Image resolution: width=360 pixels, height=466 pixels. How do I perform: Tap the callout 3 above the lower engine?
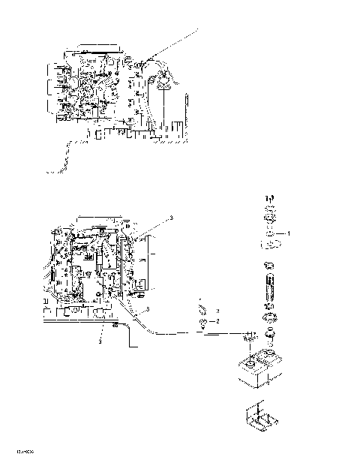[x=171, y=217]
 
